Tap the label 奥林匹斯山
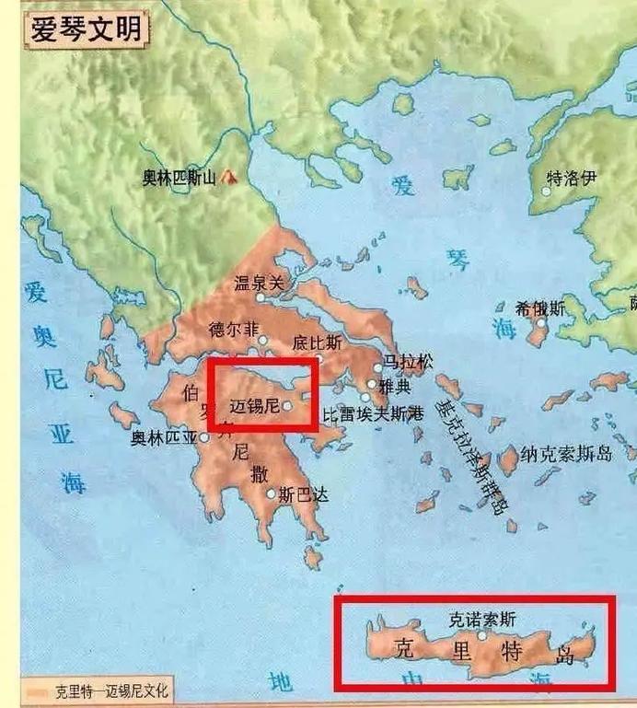pos(179,179)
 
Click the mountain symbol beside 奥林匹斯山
pos(226,176)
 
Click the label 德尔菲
pos(234,329)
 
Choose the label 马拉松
pos(408,362)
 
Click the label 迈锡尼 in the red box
pos(253,403)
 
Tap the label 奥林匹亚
pos(165,438)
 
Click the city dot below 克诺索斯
pos(481,635)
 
